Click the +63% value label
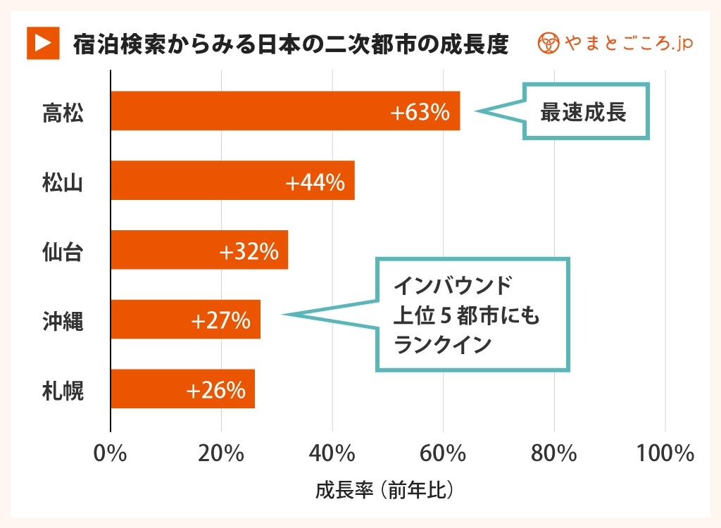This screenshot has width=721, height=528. coord(421,112)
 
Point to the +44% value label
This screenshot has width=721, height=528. coord(315,182)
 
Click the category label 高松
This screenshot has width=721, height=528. coord(63,113)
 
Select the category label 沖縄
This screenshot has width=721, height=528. coord(63,321)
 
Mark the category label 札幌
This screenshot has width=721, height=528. coord(63,390)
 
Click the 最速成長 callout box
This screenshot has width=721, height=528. coord(584,112)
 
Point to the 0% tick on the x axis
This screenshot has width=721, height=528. coord(111,453)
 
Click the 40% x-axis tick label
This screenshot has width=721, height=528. coord(332,453)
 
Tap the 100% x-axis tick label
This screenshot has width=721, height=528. coord(665,453)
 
